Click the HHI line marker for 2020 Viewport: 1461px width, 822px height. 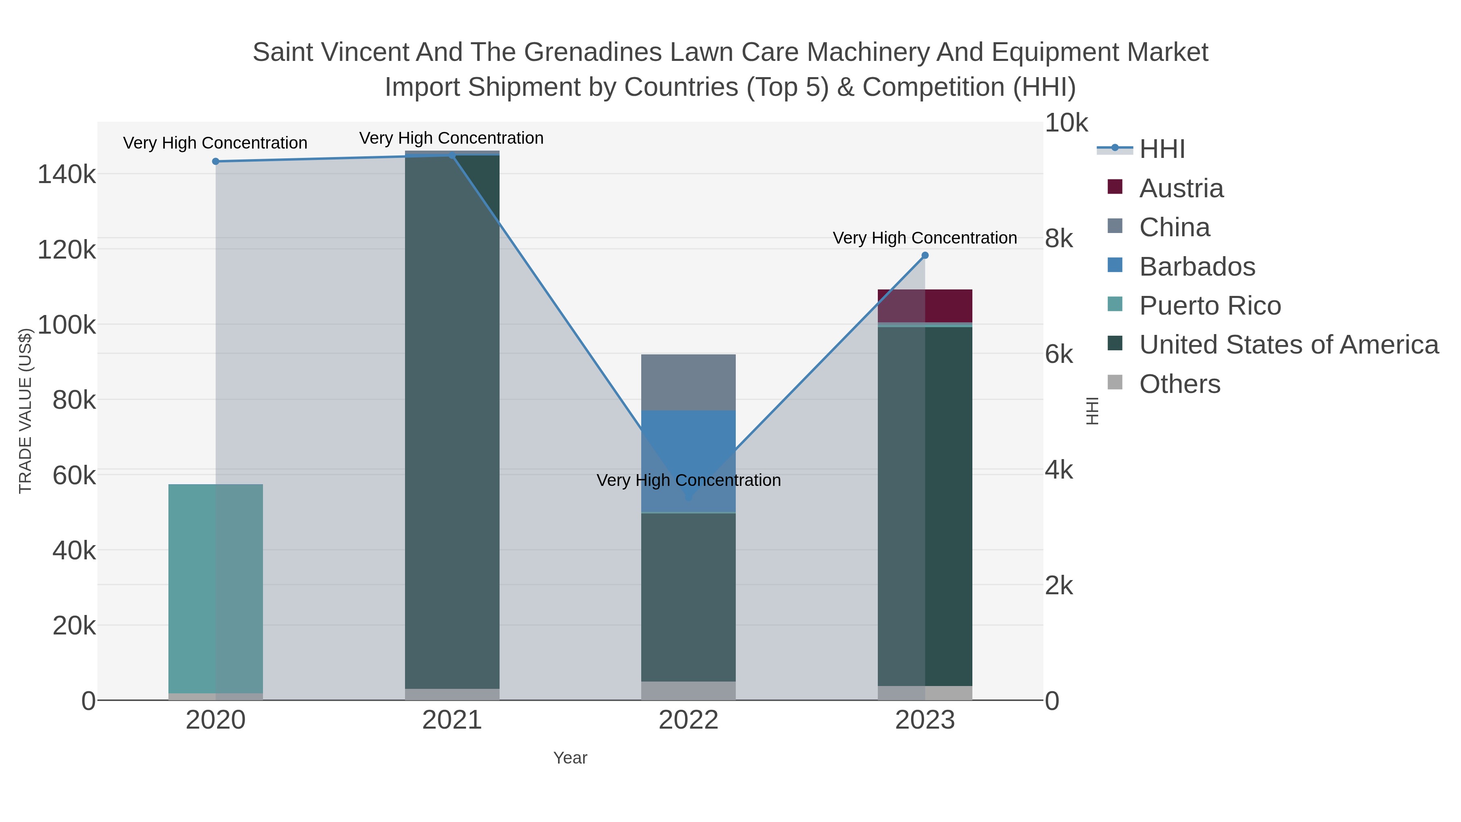[x=215, y=162]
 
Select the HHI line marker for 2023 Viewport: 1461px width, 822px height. [x=925, y=256]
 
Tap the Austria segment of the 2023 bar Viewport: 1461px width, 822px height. [x=925, y=306]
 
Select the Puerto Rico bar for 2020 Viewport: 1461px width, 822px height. [x=215, y=588]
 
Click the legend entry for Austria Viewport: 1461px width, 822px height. [x=1181, y=188]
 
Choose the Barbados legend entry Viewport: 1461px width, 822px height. [x=1197, y=267]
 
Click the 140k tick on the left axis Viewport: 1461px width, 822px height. [x=67, y=174]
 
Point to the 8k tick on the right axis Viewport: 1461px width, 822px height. [x=1058, y=239]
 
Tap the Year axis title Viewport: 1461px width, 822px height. [x=570, y=758]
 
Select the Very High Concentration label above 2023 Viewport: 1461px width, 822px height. [x=924, y=238]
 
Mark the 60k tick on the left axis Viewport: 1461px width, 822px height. [x=74, y=475]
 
